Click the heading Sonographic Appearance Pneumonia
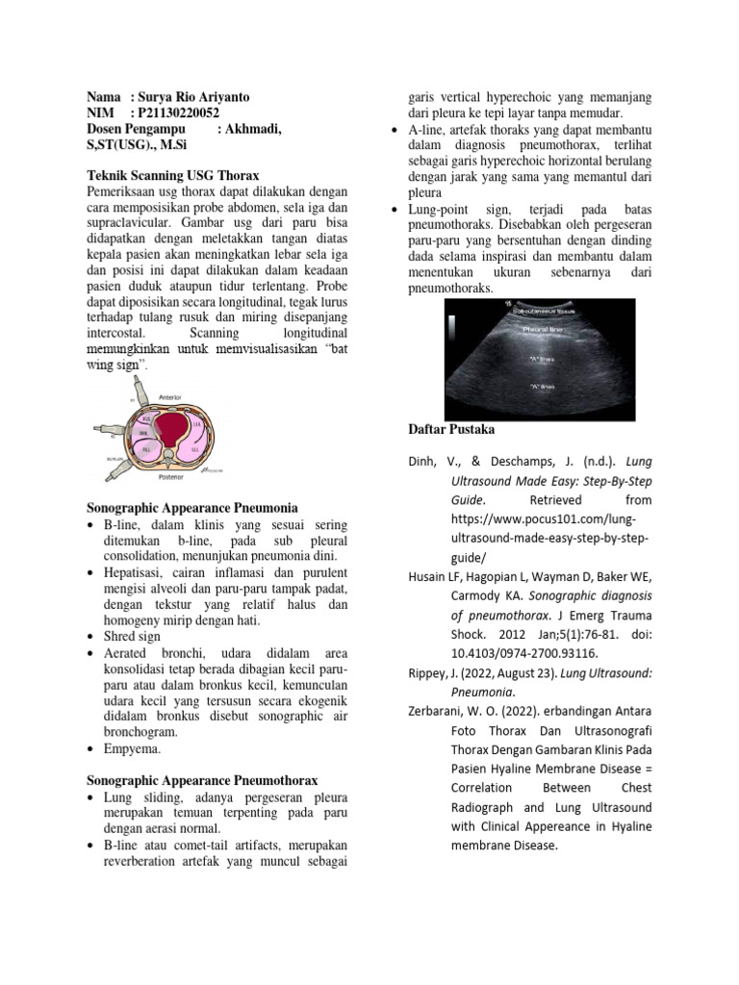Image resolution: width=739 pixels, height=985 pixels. coord(192,507)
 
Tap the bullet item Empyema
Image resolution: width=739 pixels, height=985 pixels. coord(133,747)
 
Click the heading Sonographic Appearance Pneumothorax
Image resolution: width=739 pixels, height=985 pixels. coord(202,780)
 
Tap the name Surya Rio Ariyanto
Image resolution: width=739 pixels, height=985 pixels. coord(201,97)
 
